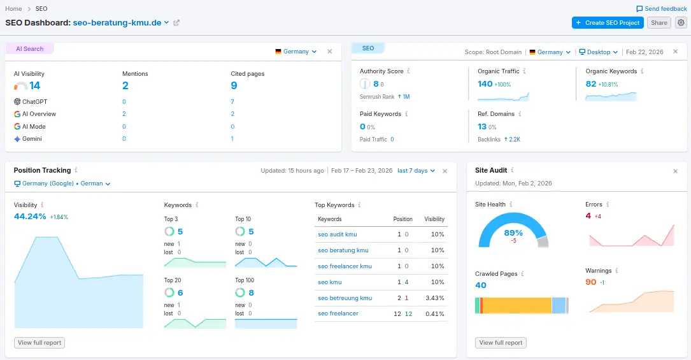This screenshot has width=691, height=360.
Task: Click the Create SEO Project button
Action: click(x=608, y=23)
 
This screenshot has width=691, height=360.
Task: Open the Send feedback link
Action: click(x=662, y=9)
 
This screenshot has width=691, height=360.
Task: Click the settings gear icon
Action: click(x=681, y=23)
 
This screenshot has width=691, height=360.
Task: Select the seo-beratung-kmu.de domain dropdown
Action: click(x=121, y=22)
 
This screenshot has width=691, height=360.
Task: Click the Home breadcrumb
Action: click(x=13, y=9)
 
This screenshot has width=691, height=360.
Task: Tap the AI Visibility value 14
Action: click(x=34, y=86)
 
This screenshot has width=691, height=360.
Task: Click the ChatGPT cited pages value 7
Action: click(x=232, y=102)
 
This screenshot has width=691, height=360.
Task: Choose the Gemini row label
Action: click(x=32, y=139)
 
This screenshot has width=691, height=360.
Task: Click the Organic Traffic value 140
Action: click(x=485, y=84)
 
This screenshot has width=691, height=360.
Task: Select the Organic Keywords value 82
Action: click(x=591, y=84)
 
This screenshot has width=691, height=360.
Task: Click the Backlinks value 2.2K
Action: click(x=515, y=139)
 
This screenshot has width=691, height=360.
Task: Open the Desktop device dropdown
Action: click(x=598, y=52)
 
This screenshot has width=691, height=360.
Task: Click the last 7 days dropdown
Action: click(x=416, y=171)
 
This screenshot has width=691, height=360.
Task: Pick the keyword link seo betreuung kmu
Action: click(x=345, y=298)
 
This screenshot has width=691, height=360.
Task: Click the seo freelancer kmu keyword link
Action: click(x=345, y=266)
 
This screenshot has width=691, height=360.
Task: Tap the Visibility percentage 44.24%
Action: click(x=30, y=217)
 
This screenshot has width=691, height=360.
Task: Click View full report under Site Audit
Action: click(x=501, y=343)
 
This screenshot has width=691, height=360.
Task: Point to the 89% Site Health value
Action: click(x=513, y=233)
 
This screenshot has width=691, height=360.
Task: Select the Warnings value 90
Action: click(x=591, y=282)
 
